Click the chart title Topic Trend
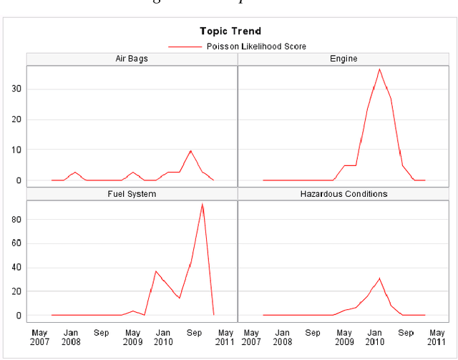tap(230, 31)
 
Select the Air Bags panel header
tap(132, 58)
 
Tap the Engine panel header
tap(344, 58)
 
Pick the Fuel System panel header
tap(132, 194)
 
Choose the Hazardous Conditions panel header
tap(344, 194)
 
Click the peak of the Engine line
tap(379, 69)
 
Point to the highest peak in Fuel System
tap(203, 205)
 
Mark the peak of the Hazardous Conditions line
tap(379, 278)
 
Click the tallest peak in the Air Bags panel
tap(190, 150)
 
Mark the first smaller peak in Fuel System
tap(156, 271)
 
